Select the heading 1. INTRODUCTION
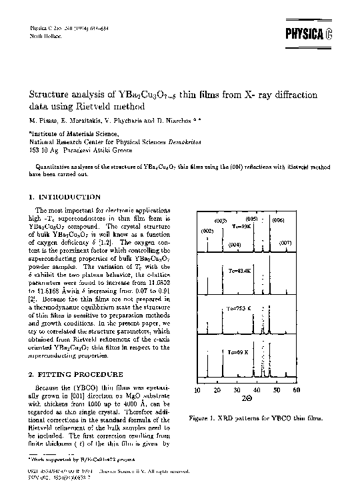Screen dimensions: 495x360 click(65, 197)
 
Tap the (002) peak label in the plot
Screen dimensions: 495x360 click(207, 230)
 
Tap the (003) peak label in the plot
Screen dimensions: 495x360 click(221, 221)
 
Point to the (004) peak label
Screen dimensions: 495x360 click(235, 245)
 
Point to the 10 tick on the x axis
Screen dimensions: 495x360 click(197, 390)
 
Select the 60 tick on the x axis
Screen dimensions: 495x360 click(297, 390)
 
